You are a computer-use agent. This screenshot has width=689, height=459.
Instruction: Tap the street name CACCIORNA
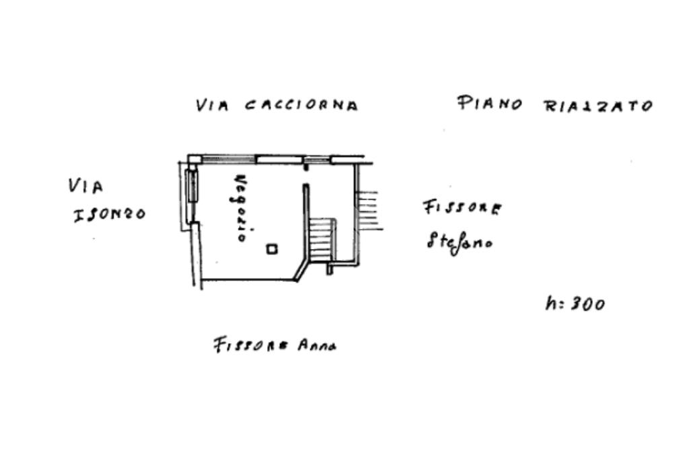tap(301, 106)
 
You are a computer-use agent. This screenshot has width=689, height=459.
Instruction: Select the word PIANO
tap(490, 104)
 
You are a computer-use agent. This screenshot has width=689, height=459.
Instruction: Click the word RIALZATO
tap(597, 106)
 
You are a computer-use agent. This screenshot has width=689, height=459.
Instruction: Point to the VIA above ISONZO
tap(85, 186)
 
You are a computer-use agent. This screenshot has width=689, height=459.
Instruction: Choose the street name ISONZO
tap(108, 215)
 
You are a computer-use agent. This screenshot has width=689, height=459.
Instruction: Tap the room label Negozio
tap(244, 208)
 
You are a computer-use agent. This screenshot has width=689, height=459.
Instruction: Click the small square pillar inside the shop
tap(271, 249)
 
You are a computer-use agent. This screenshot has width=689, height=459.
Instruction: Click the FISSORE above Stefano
tap(462, 207)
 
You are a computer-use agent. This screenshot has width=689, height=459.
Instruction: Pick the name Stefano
tap(459, 240)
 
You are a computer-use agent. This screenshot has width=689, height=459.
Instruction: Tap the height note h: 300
tap(575, 304)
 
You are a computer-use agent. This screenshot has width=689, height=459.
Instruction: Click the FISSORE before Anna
tap(251, 346)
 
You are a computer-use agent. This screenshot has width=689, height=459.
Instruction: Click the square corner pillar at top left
tap(194, 160)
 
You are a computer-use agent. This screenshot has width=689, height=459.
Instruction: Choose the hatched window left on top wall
tap(229, 160)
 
